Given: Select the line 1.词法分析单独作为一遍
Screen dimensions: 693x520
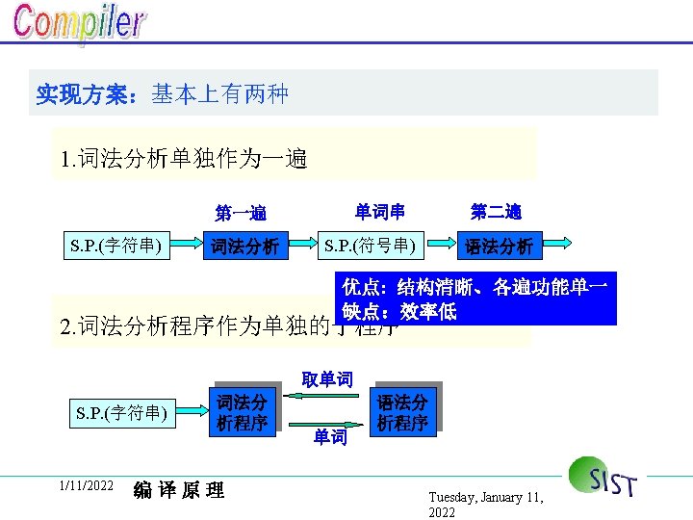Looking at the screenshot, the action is pyautogui.click(x=184, y=157).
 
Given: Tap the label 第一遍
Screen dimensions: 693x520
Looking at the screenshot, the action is pyautogui.click(x=241, y=213).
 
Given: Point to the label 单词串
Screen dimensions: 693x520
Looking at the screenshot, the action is pyautogui.click(x=379, y=211).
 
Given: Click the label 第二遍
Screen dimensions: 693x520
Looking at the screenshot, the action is pyautogui.click(x=496, y=211).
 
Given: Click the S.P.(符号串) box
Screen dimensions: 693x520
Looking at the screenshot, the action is pyautogui.click(x=371, y=246).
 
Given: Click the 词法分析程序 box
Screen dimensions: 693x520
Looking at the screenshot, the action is pyautogui.click(x=242, y=411).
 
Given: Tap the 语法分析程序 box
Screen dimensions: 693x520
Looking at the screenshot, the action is pyautogui.click(x=403, y=411).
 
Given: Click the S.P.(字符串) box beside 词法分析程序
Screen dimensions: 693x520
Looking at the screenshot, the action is pyautogui.click(x=121, y=414).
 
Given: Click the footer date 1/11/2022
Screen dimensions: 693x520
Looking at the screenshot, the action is pyautogui.click(x=86, y=486).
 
